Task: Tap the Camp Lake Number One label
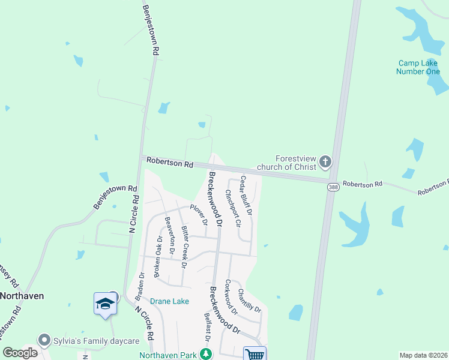[418, 67]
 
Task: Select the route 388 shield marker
[333, 188]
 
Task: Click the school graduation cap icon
[104, 304]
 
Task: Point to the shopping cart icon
[255, 355]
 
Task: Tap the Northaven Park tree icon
[206, 355]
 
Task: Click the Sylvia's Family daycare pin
[43, 340]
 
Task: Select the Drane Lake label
[170, 301]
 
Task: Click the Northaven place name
[23, 296]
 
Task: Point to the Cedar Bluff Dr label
[245, 195]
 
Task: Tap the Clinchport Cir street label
[232, 208]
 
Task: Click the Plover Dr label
[199, 215]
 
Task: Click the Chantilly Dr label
[250, 300]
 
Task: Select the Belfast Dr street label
[207, 327]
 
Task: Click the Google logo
[20, 353]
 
